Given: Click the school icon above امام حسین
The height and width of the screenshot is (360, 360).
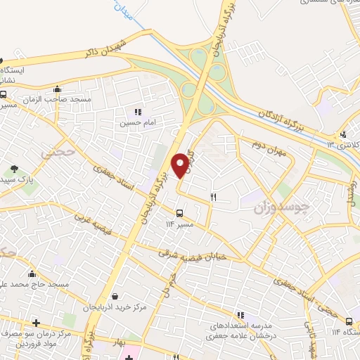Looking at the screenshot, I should click(138, 111).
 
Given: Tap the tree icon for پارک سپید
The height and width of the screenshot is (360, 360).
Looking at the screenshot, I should click(14, 169).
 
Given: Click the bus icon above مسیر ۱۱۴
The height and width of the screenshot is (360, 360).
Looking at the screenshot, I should click(179, 212).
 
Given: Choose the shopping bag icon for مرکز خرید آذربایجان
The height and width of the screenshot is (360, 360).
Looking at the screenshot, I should click(124, 297).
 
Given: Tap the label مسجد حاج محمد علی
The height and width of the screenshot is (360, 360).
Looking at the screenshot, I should click(35, 284).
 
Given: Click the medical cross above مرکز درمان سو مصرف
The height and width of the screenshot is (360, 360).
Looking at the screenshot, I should click(35, 323).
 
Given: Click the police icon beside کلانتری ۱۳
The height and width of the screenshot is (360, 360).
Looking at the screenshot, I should click(342, 134).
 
